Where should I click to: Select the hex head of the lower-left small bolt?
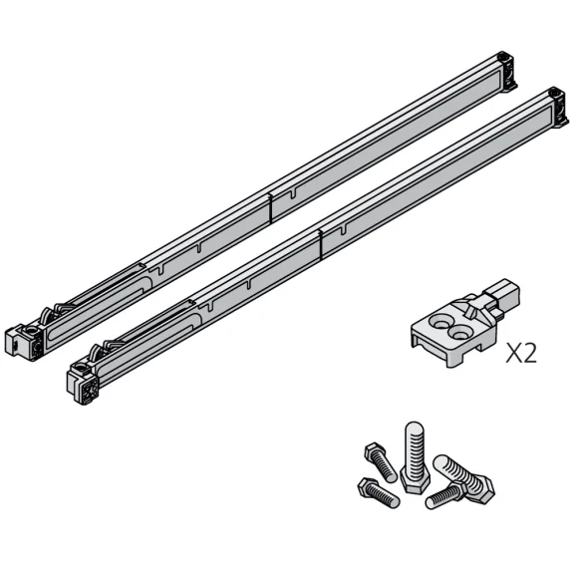point(366,487)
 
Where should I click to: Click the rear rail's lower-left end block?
point(26,341)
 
